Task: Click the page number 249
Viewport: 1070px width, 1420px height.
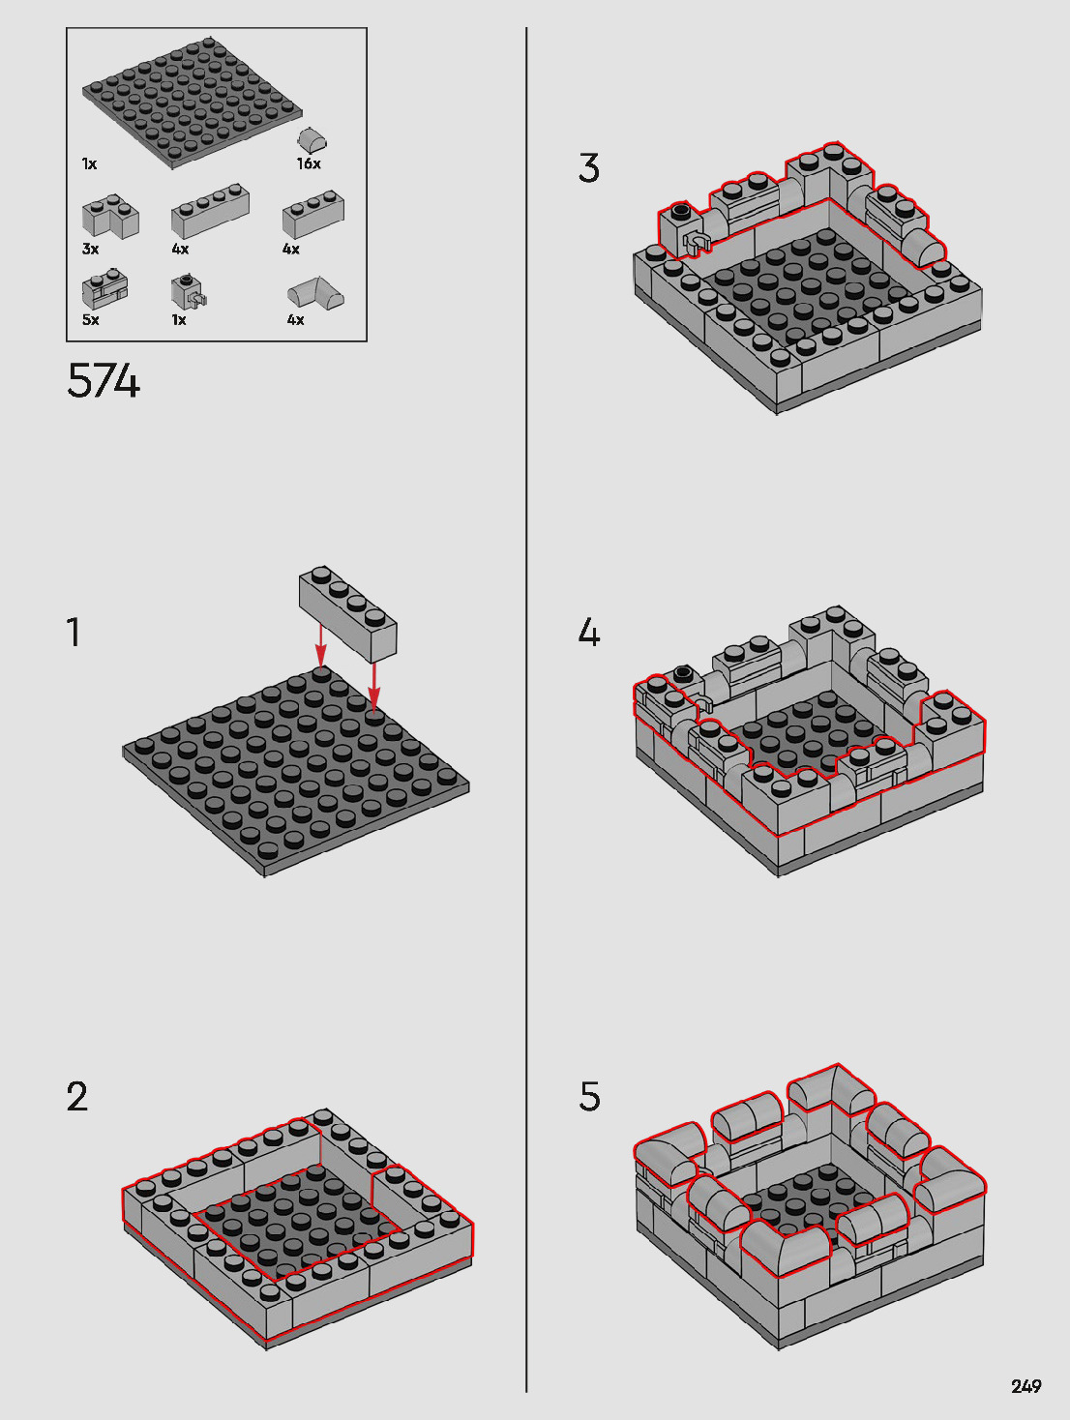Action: point(1026,1386)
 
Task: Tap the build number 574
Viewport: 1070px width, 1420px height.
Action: point(103,380)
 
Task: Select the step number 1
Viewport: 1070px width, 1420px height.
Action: point(74,632)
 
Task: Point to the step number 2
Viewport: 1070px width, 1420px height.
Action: point(77,1097)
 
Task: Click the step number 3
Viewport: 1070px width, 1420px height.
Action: point(589,167)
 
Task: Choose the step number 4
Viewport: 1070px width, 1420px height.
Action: point(589,632)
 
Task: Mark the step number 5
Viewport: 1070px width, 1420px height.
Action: point(589,1097)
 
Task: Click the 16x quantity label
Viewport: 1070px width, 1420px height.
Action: point(309,163)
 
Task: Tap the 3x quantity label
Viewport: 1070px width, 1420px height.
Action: point(91,249)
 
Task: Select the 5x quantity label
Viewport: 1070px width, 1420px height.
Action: point(91,319)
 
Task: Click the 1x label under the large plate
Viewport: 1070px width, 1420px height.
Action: point(89,163)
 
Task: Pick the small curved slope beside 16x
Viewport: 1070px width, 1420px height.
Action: point(312,139)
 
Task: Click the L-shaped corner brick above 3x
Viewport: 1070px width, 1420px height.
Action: point(110,216)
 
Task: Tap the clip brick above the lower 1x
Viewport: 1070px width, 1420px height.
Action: point(189,292)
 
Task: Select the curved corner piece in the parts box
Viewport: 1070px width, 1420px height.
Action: point(315,293)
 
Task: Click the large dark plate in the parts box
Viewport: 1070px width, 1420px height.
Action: point(193,103)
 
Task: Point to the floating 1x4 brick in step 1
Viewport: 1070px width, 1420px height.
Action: point(348,614)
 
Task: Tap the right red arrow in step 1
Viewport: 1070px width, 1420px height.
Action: point(373,685)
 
